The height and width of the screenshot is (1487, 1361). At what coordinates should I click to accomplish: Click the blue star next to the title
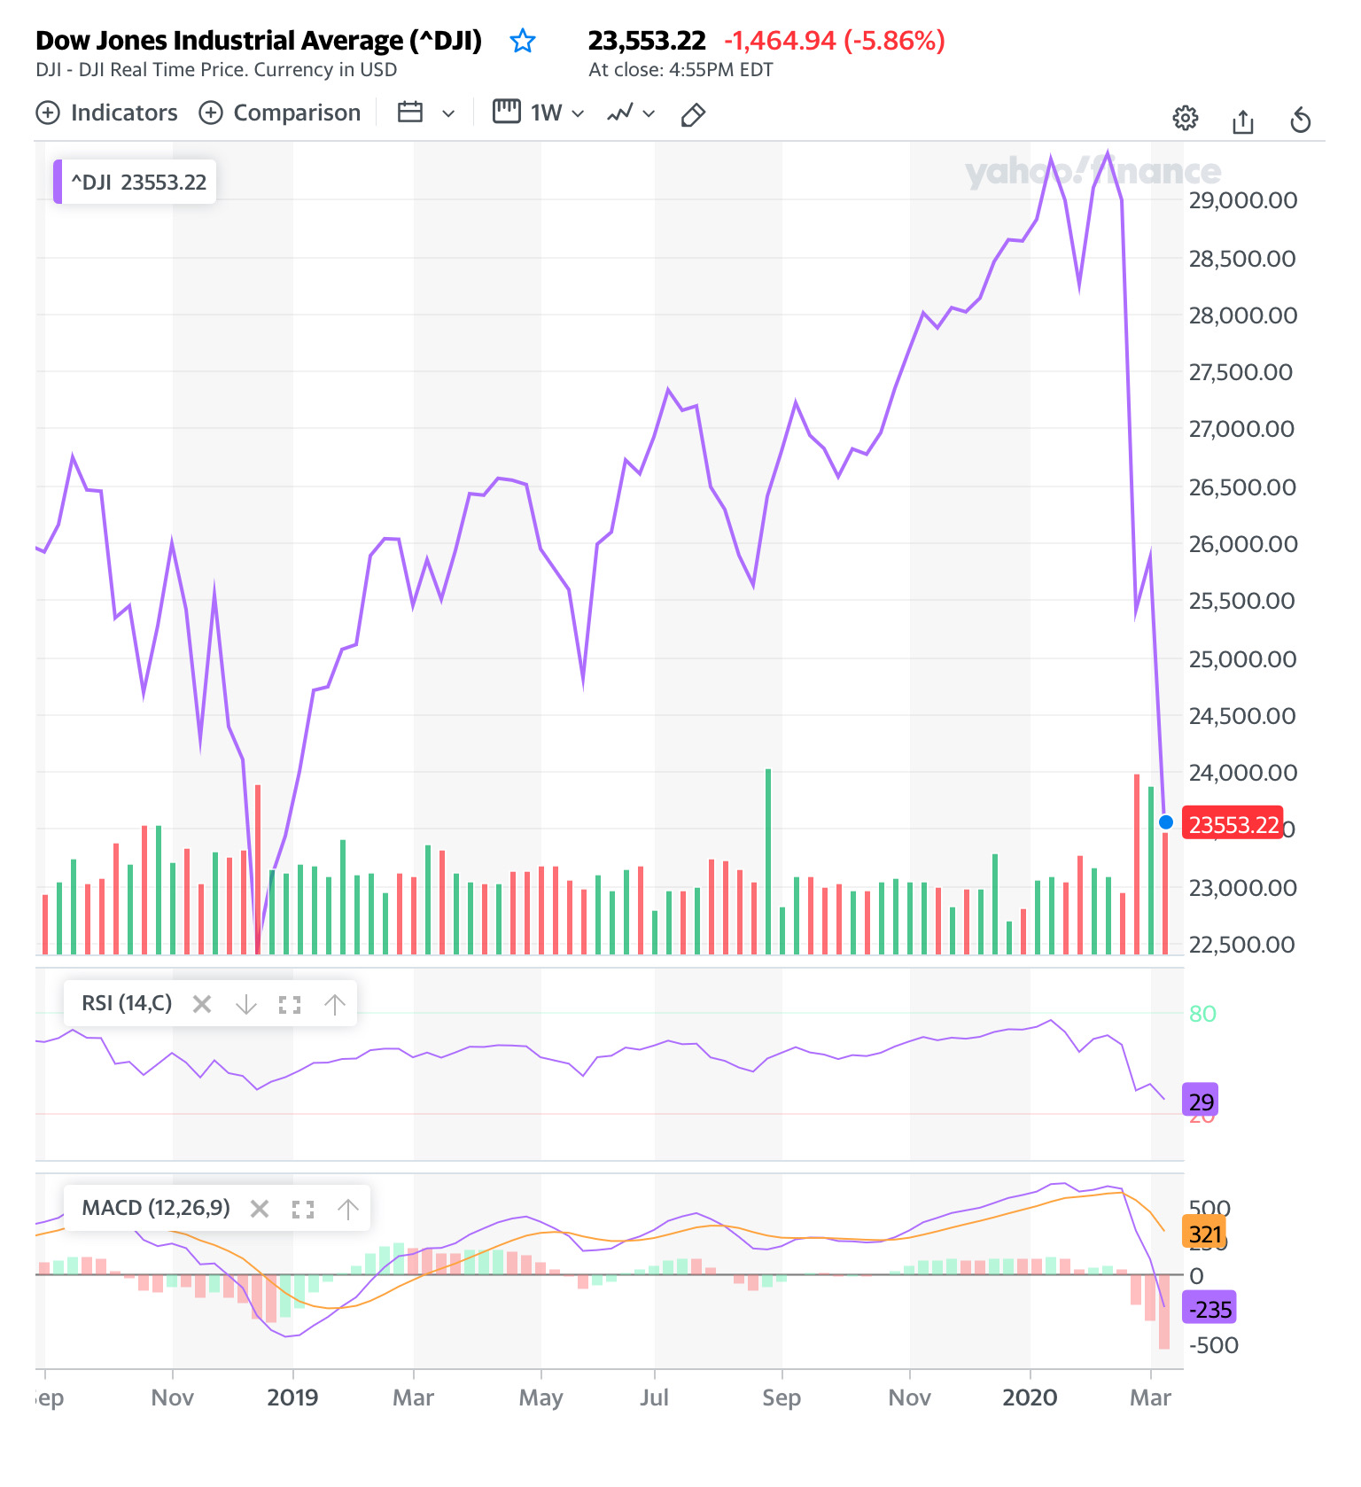coord(523,41)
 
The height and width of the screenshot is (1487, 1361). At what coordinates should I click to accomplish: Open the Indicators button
coord(107,113)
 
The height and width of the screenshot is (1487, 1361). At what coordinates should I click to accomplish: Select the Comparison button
coord(280,113)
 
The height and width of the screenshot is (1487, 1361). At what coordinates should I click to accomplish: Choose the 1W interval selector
coord(539,113)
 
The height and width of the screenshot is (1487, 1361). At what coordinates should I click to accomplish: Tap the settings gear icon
coord(1185,118)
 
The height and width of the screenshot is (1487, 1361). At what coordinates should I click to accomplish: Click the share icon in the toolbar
coord(1243,121)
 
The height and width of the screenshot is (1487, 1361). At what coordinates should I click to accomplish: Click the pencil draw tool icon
coord(693,114)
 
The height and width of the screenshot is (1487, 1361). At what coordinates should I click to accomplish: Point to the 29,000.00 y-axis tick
coord(1242,200)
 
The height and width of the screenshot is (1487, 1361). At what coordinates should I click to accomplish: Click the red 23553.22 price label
coord(1233,825)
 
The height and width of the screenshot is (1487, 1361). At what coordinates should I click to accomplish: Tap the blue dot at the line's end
coord(1166,822)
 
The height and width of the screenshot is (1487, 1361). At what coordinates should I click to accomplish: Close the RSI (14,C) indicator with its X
coord(202,1004)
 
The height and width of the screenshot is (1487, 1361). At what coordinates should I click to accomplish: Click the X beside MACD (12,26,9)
coord(260,1209)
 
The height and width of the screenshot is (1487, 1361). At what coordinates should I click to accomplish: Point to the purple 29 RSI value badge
coord(1201,1102)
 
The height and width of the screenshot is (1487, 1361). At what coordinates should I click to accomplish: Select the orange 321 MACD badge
coord(1205,1234)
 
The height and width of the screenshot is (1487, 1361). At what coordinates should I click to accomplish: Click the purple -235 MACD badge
coord(1209,1309)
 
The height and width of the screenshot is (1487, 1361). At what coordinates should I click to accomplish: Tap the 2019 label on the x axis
coord(292,1397)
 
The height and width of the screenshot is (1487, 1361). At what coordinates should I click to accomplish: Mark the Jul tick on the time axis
coord(654,1397)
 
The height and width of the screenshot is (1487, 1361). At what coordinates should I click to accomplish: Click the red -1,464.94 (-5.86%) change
coord(834,41)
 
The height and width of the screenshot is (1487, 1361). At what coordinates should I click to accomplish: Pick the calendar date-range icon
coord(410,113)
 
